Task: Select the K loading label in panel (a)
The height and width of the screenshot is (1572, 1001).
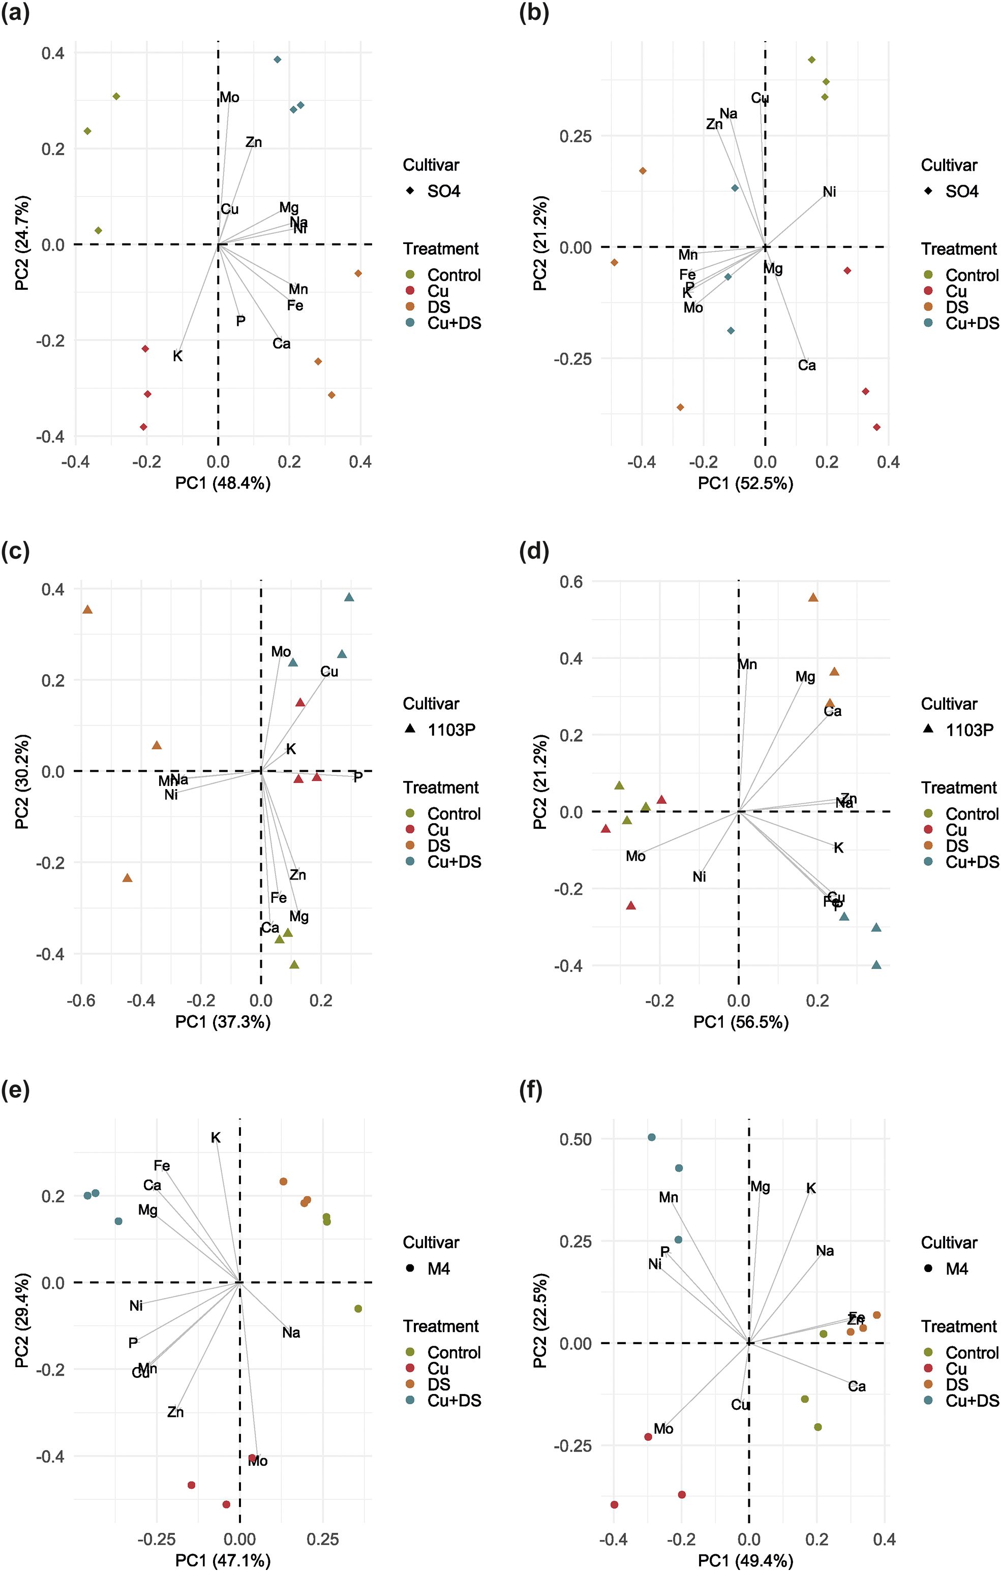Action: coord(177,356)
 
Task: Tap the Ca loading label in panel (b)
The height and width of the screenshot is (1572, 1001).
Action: coord(807,366)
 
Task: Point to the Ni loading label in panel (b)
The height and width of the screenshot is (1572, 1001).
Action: coord(829,192)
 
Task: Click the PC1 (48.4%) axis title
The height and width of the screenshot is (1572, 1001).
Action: coord(223,483)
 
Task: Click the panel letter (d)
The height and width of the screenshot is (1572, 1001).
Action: coord(533,552)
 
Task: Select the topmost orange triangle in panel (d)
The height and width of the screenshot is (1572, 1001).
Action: coord(813,597)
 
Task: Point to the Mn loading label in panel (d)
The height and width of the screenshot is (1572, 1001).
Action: coord(748,664)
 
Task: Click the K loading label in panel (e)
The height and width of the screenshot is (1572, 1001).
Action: coord(216,1138)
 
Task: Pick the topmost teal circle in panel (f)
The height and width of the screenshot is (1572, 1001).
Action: coord(651,1137)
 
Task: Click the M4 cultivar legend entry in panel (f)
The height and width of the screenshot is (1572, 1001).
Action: coord(957,1268)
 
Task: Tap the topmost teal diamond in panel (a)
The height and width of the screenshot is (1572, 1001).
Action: coord(277,59)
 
